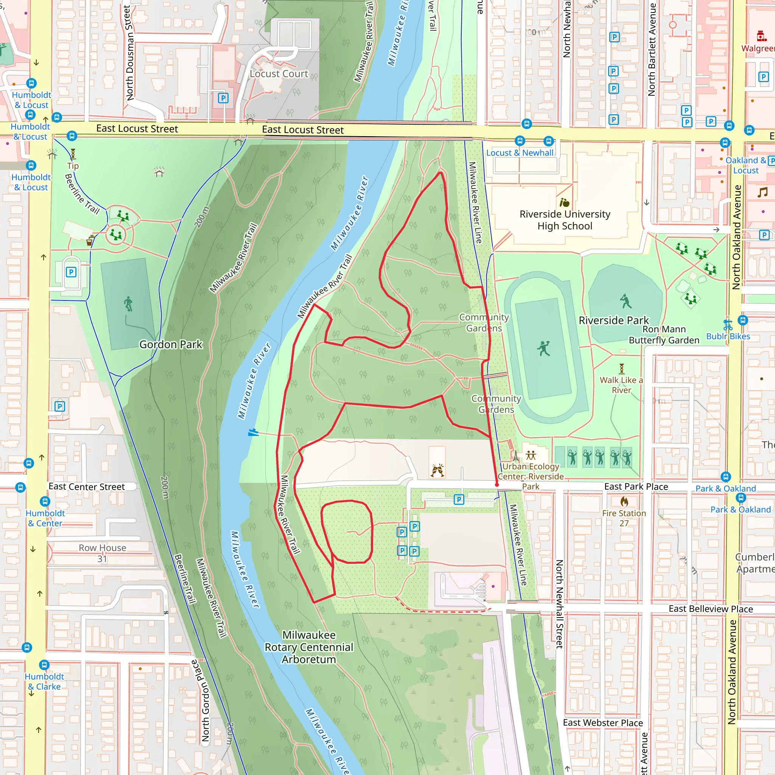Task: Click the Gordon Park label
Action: coord(171,344)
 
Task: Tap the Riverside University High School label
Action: coord(565,220)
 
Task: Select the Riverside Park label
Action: coord(613,320)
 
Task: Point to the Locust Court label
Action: coord(279,74)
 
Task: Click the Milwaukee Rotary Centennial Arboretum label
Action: coord(309,647)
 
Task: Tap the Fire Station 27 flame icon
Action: coord(624,501)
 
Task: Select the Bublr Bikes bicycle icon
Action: coord(728,325)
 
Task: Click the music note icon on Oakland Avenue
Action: coord(762,193)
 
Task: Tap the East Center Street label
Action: coord(87,487)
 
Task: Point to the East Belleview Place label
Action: coord(710,609)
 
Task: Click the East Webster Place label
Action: coord(602,723)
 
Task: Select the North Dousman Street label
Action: coord(129,52)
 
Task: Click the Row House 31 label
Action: coord(102,553)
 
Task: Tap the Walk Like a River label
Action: coord(621,385)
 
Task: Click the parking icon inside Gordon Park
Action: coord(71,272)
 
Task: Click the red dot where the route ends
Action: coord(497,485)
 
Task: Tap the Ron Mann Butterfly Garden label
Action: coord(664,335)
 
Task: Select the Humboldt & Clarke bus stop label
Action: coord(44,682)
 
